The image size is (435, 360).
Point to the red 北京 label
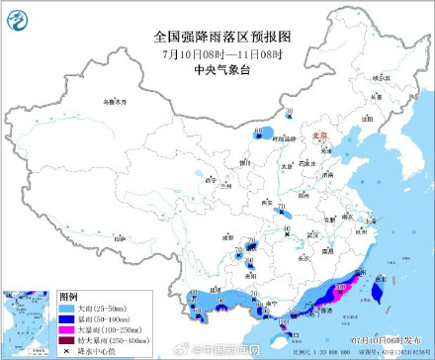317,137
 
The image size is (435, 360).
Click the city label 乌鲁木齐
116,102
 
